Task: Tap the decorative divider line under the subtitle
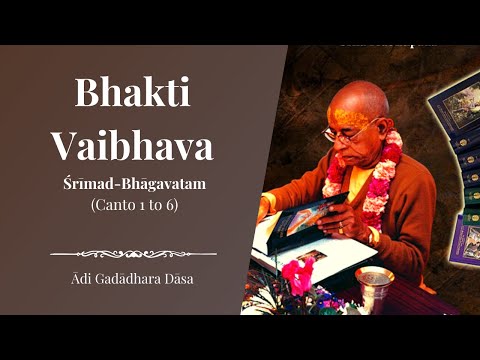pos(147,253)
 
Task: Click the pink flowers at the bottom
pos(298,272)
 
